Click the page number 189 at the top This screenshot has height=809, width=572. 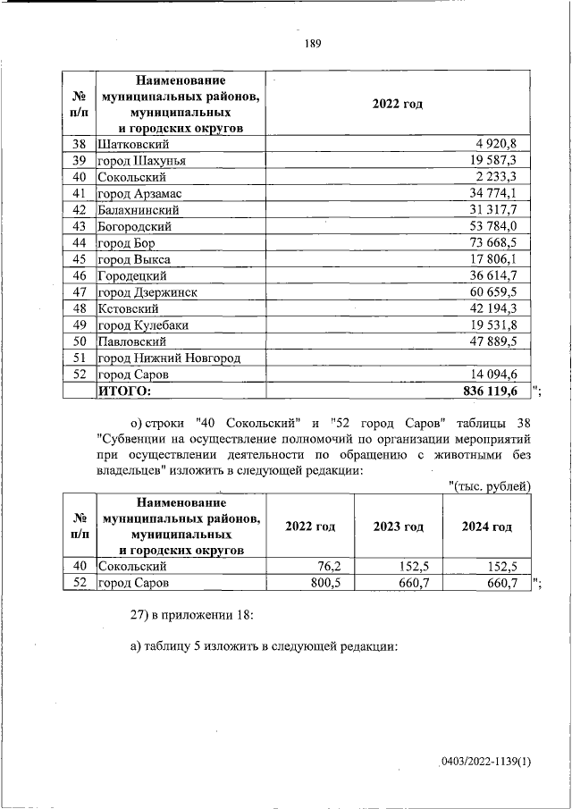(x=313, y=43)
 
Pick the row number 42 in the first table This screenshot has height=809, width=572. (x=79, y=210)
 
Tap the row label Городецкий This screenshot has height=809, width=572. (x=135, y=276)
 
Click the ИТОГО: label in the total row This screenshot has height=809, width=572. (x=125, y=392)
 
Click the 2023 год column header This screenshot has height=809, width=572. (x=399, y=527)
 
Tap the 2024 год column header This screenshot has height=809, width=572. (x=486, y=527)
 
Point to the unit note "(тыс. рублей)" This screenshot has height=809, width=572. (x=490, y=485)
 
